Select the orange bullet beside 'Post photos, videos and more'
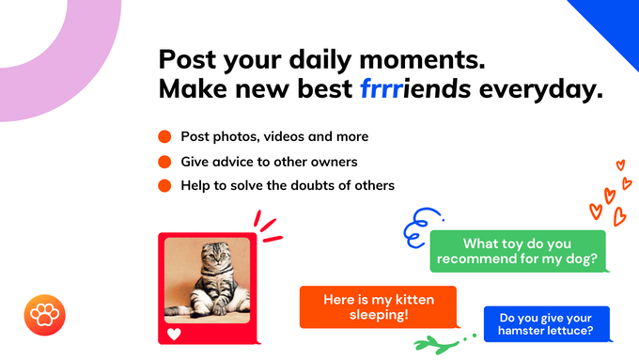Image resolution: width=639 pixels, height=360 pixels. tap(164, 136)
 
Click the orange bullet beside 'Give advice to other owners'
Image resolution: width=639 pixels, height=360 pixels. tap(164, 161)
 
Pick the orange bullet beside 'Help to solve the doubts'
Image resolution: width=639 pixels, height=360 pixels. tap(164, 185)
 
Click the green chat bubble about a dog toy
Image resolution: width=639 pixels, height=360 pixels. tap(518, 251)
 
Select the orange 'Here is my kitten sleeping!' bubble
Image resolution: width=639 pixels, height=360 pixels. tap(378, 306)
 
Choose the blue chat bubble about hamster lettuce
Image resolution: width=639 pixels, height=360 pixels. tap(546, 324)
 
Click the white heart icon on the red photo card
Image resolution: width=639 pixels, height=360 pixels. tap(174, 333)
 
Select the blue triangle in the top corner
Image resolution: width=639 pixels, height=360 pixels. tap(611, 23)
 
